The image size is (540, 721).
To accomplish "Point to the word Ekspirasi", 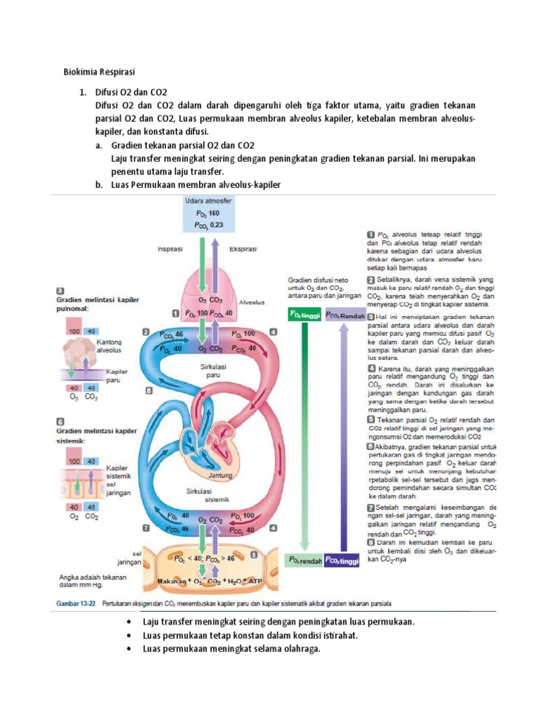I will [x=243, y=249].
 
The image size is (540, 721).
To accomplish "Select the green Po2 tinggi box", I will [x=304, y=316].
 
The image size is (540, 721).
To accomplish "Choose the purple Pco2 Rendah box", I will [x=342, y=316].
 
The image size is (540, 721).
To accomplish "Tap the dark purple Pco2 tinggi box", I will [x=342, y=560].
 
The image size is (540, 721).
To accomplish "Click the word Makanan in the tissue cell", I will [x=174, y=581].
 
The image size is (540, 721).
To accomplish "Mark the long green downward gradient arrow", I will [x=304, y=437].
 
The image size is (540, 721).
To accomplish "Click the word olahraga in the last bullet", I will [x=303, y=648].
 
